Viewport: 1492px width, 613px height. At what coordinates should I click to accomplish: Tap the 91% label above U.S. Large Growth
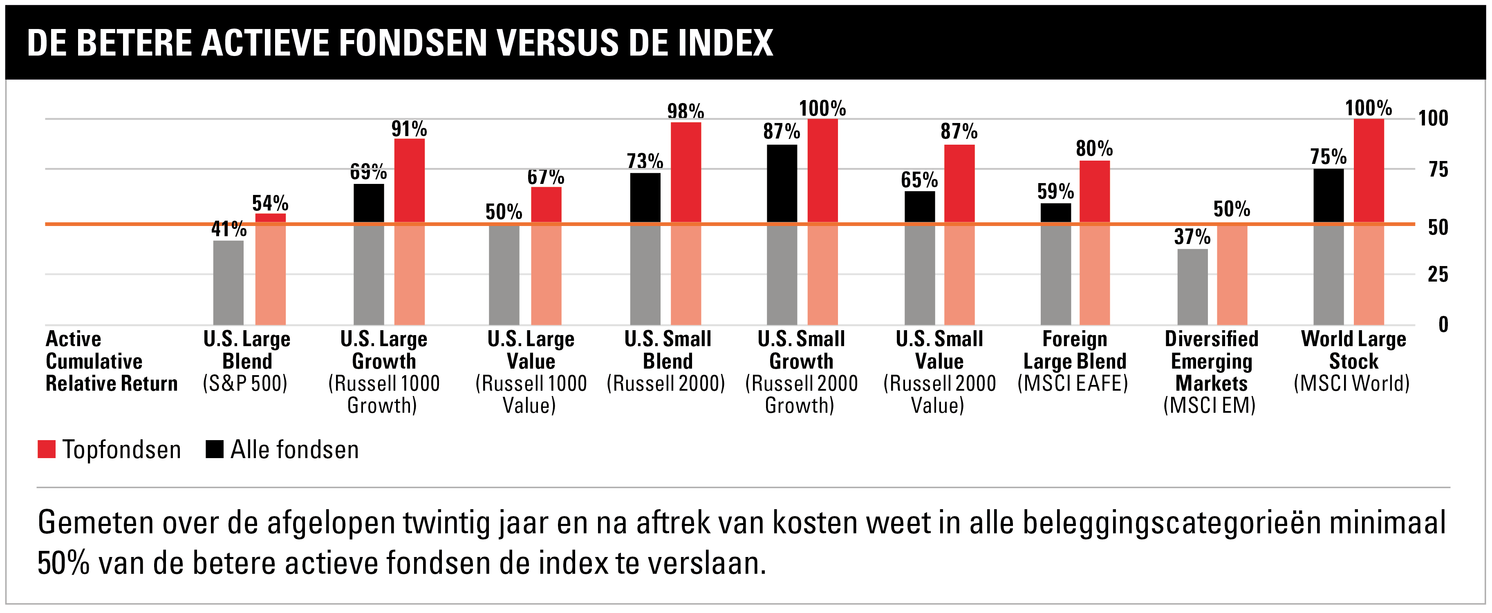coord(409,128)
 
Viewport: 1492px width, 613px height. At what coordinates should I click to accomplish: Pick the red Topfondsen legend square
coord(46,449)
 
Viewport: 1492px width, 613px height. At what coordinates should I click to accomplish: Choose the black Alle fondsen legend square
coord(214,449)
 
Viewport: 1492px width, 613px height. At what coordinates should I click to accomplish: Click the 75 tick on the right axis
coord(1438,170)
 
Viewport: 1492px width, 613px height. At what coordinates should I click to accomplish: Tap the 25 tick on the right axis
coord(1438,274)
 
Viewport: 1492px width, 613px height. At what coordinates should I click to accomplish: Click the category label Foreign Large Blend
coord(1074,360)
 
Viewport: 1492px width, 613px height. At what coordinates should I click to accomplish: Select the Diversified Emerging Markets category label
coord(1211,371)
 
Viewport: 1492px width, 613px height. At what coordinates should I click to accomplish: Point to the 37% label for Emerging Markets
coord(1192,236)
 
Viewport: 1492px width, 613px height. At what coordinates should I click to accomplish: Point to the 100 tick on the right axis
coord(1433,118)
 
